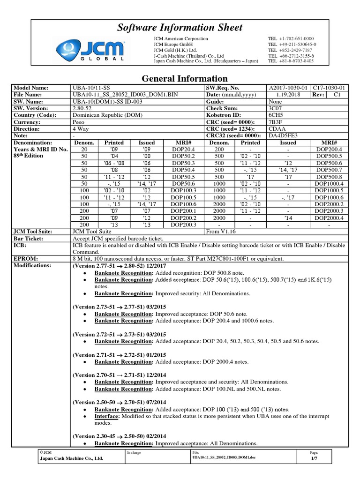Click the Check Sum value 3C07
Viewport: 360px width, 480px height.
[275, 108]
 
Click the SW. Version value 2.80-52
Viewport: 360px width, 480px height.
[83, 108]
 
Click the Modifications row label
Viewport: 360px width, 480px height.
[33, 265]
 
